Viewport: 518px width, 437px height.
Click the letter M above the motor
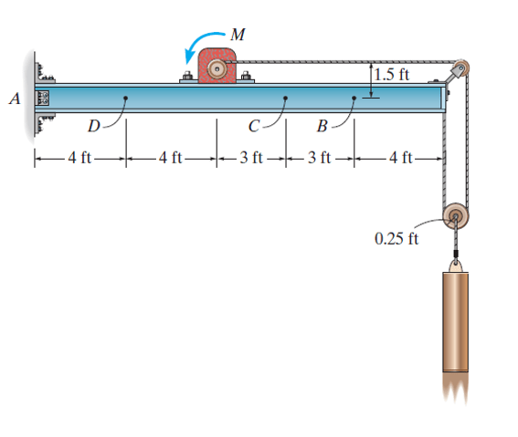click(x=238, y=35)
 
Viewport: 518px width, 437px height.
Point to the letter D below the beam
click(x=93, y=125)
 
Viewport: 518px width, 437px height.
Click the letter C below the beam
click(x=255, y=125)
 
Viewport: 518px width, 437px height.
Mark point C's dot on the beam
click(x=286, y=98)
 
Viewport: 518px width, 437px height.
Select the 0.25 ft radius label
click(x=396, y=239)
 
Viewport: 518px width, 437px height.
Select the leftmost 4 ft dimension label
click(x=79, y=160)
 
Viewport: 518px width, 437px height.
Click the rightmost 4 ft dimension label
click(x=400, y=160)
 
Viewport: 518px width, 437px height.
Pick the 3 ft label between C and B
click(x=321, y=160)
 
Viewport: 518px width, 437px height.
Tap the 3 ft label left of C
click(x=251, y=160)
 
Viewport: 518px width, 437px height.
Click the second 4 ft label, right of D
click(x=171, y=160)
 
